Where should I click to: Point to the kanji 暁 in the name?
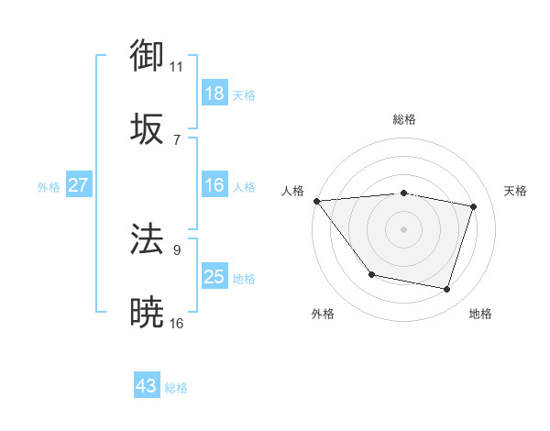[x=148, y=314]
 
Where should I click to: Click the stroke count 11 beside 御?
[x=177, y=67]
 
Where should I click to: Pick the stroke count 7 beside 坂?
[x=177, y=139]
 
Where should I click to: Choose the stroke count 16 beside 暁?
[x=177, y=324]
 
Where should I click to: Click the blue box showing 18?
[x=214, y=94]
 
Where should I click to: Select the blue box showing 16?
[x=214, y=185]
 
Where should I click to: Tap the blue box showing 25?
[x=214, y=277]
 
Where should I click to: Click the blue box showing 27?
[x=79, y=185]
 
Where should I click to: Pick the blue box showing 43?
[x=147, y=386]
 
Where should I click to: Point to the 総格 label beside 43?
[x=176, y=388]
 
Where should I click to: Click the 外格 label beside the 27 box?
[x=49, y=187]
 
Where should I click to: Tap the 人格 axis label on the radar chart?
[x=293, y=191]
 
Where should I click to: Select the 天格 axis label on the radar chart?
[x=516, y=191]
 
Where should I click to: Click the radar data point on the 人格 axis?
[x=317, y=201]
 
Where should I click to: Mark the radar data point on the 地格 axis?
[x=447, y=290]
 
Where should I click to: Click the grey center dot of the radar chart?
[x=403, y=228]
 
